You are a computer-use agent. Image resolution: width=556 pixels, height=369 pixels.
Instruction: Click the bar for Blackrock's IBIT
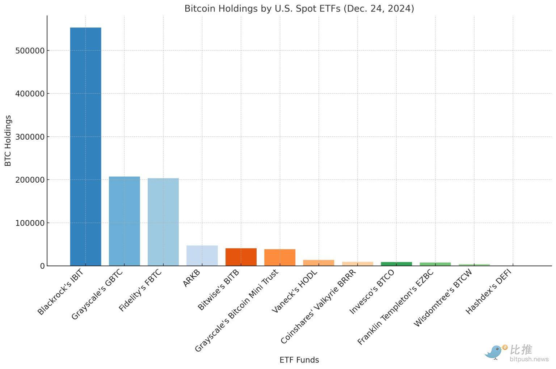[85, 147]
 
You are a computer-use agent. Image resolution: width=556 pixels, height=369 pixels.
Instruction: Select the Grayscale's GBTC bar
[124, 221]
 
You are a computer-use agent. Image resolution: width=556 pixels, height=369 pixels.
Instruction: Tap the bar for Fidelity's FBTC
[163, 222]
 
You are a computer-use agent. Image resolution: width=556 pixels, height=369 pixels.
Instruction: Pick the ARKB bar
[202, 255]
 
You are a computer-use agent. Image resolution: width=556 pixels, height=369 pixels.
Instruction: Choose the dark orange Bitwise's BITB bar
[241, 257]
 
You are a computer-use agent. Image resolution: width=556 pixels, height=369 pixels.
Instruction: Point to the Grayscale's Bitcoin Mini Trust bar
[279, 257]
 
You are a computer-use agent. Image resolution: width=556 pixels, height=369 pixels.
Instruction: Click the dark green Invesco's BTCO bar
[396, 264]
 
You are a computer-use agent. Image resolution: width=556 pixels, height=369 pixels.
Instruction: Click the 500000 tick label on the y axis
[30, 51]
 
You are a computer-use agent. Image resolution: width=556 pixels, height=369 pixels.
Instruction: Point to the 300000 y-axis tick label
[30, 137]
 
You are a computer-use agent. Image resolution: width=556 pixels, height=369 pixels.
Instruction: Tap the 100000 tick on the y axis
[30, 223]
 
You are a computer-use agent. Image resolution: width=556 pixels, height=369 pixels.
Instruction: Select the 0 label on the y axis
[42, 266]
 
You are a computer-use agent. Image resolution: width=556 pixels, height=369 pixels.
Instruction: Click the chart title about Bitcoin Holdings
[299, 8]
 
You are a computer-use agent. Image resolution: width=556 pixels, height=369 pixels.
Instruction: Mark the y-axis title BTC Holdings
[8, 141]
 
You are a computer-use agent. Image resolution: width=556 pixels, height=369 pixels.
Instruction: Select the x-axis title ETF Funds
[299, 360]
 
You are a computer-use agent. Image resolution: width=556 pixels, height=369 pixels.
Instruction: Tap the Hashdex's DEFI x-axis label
[488, 292]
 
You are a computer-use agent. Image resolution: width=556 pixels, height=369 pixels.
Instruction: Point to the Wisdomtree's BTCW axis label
[443, 298]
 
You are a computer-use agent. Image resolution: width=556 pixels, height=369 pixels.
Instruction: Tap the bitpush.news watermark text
[529, 359]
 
